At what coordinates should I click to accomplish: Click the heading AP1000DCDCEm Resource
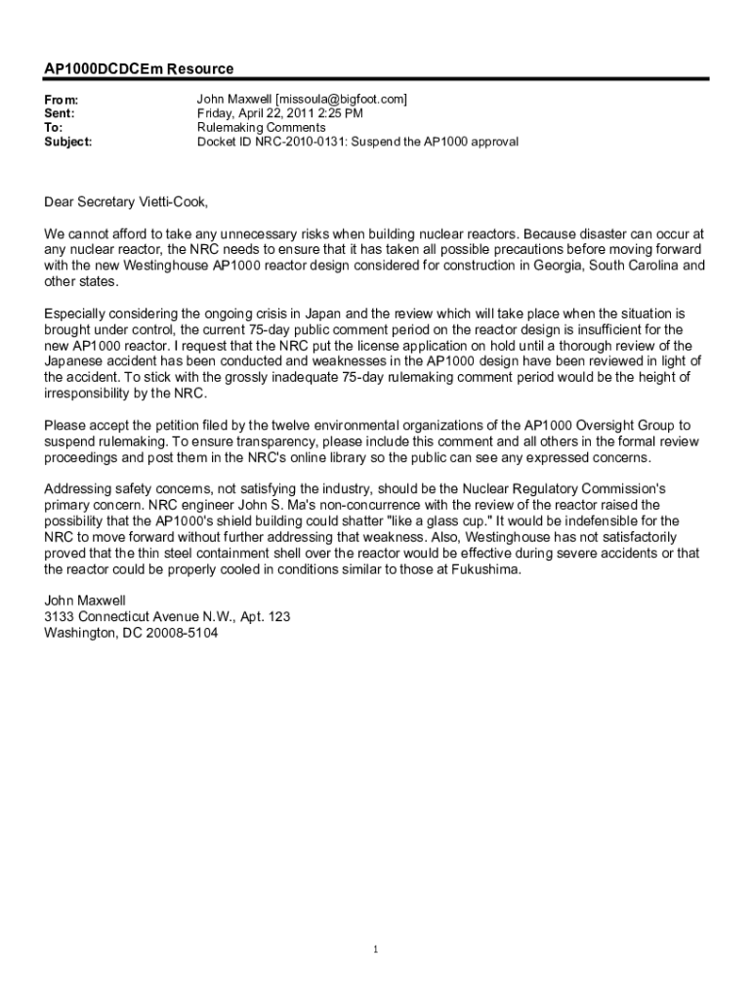coord(139,69)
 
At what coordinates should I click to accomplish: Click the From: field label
coord(62,101)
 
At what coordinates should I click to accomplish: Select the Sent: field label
coord(62,114)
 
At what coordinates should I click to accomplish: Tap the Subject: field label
coord(68,142)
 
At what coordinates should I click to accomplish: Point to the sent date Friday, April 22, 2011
coord(267,114)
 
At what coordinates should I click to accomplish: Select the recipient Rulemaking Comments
coord(262,128)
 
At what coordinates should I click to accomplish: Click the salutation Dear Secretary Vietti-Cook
coord(126,203)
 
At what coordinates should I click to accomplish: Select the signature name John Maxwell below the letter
coord(85,602)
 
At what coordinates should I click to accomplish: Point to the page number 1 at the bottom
coord(376,949)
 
